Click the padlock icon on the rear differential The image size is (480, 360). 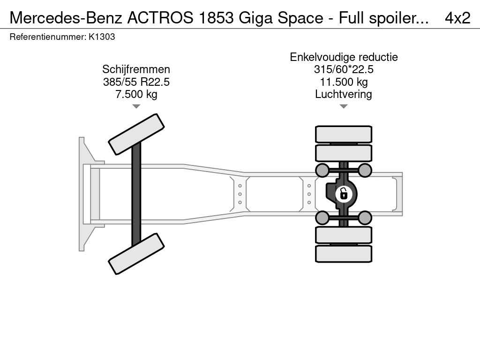click(x=344, y=194)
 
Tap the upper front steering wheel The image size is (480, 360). click(x=136, y=134)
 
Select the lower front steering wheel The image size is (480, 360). click(x=136, y=254)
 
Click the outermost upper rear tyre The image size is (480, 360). click(x=344, y=134)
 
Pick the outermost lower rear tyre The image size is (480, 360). click(x=344, y=254)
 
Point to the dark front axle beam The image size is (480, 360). click(x=136, y=194)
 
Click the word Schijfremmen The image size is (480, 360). click(x=136, y=69)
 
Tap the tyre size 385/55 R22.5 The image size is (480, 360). click(x=136, y=82)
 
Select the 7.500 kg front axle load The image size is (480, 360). click(x=136, y=94)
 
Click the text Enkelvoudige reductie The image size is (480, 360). click(x=344, y=57)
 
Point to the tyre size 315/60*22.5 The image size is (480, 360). click(x=344, y=69)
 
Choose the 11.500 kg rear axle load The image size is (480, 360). click(x=344, y=82)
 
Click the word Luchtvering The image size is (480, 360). click(x=344, y=94)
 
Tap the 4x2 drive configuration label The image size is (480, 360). click(x=457, y=18)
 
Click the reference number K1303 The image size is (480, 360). click(x=102, y=37)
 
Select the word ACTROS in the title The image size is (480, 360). click(x=160, y=18)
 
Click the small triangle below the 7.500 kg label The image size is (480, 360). click(x=136, y=106)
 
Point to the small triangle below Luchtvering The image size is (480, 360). click(x=344, y=106)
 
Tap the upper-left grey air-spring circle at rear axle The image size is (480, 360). click(x=322, y=170)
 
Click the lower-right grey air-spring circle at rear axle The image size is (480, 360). click(x=365, y=217)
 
